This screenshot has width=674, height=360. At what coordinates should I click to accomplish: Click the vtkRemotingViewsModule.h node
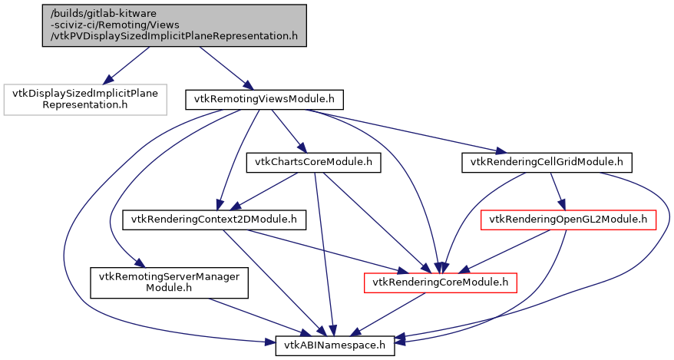click(x=263, y=99)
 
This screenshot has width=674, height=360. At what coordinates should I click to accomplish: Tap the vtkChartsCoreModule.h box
click(x=313, y=162)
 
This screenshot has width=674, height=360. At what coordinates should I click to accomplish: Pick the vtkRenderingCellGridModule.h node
click(x=546, y=162)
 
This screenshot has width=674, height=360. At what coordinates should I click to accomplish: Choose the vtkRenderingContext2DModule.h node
click(x=214, y=220)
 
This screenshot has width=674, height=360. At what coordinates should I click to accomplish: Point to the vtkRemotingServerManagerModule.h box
click(x=170, y=282)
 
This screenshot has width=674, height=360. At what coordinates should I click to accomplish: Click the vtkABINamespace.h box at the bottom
click(x=335, y=346)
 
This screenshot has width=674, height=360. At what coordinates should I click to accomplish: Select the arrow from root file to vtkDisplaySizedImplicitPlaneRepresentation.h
click(x=127, y=65)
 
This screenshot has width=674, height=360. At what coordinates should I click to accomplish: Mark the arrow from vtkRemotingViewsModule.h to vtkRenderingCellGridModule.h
click(x=407, y=131)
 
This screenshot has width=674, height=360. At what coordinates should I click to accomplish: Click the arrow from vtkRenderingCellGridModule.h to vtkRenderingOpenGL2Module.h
click(x=557, y=191)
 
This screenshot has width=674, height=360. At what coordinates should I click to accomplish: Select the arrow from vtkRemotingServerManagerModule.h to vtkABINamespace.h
click(x=244, y=314)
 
